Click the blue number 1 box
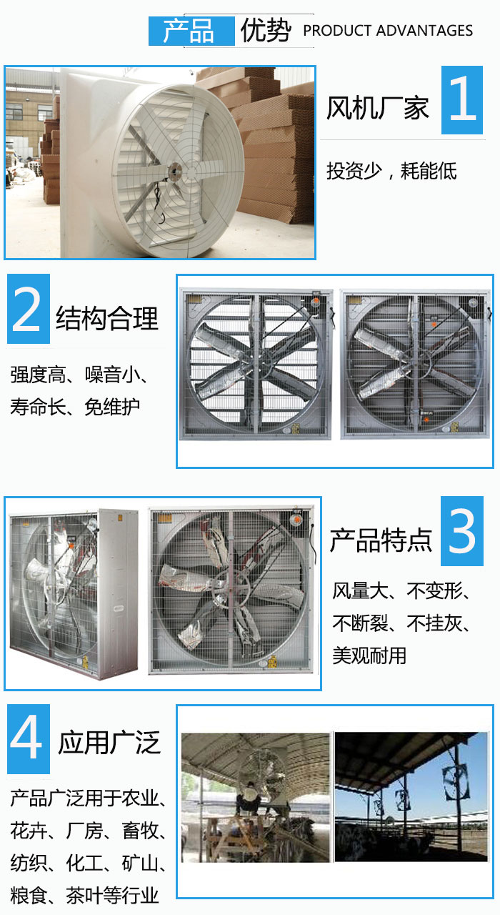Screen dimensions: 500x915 pyautogui.click(x=462, y=100)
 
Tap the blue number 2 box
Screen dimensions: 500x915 pyautogui.click(x=29, y=308)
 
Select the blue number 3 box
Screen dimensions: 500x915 pyautogui.click(x=462, y=531)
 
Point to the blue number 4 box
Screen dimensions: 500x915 pyautogui.click(x=29, y=739)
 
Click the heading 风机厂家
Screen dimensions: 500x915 pyautogui.click(x=378, y=109)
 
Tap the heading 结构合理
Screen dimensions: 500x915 pyautogui.click(x=107, y=318)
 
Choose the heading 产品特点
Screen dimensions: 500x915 pyautogui.click(x=381, y=540)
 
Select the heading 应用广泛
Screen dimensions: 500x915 pyautogui.click(x=109, y=742)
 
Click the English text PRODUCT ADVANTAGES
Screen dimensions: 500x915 pyautogui.click(x=388, y=31)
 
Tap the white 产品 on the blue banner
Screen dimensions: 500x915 pyautogui.click(x=188, y=31)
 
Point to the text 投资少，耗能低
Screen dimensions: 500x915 pyautogui.click(x=391, y=171)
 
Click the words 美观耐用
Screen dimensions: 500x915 pyautogui.click(x=369, y=656)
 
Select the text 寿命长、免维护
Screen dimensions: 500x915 pyautogui.click(x=75, y=407)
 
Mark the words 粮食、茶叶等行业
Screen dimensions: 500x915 pyautogui.click(x=84, y=896)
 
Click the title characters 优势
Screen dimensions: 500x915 pyautogui.click(x=266, y=31)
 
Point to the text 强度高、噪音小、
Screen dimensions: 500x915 pyautogui.click(x=79, y=375)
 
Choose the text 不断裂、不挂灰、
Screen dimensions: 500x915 pyautogui.click(x=401, y=623)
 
